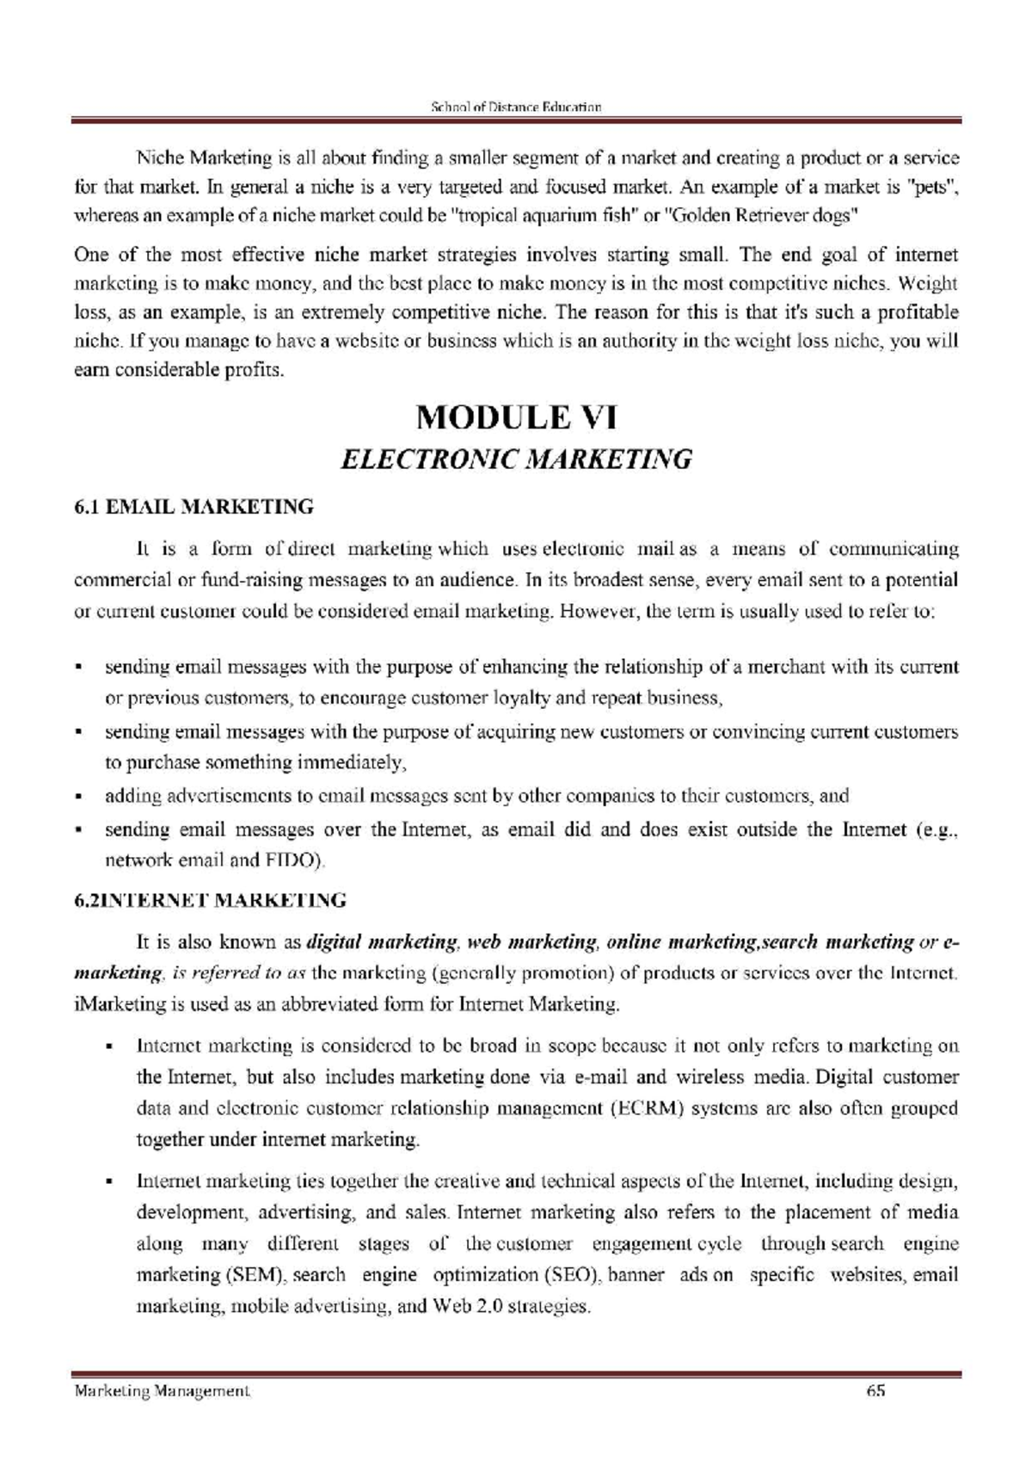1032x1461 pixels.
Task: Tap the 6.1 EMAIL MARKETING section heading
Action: point(193,507)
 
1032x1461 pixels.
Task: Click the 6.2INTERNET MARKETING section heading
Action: point(210,901)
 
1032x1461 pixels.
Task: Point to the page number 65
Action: point(875,1390)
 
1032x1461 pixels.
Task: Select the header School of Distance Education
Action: point(515,108)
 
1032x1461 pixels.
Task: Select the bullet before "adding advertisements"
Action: point(79,798)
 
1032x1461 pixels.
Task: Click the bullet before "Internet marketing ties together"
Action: point(110,1182)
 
